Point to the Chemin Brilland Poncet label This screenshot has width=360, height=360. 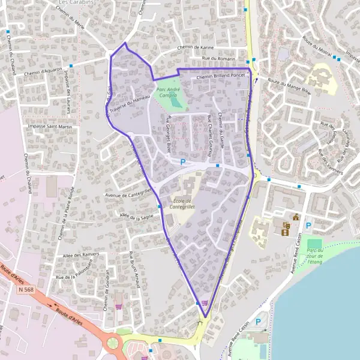(221, 77)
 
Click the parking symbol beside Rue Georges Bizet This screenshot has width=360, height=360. (182, 163)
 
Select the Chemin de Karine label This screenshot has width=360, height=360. (196, 48)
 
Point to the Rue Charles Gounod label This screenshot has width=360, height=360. (210, 135)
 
